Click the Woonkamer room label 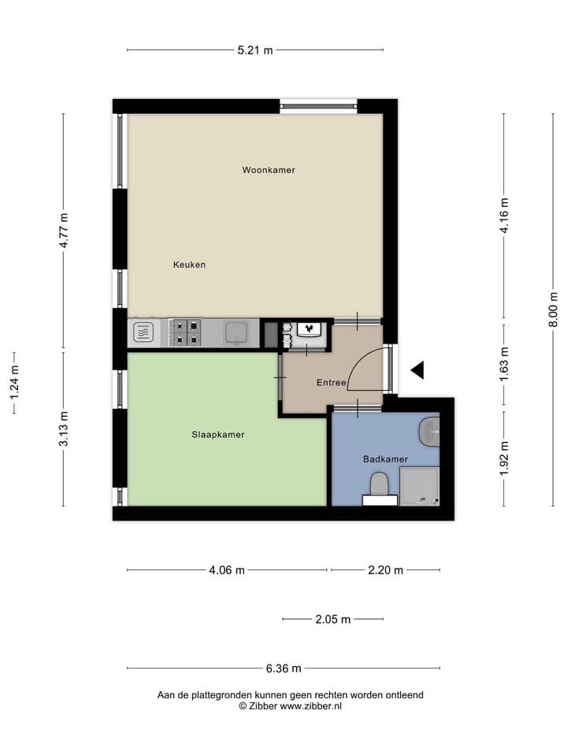tap(269, 170)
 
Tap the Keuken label tap(189, 265)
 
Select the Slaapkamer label tap(218, 434)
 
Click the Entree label tap(332, 383)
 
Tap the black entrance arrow tap(417, 370)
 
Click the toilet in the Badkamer tap(379, 484)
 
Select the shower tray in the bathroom tap(419, 486)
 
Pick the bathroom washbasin tap(430, 431)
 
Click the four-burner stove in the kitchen tap(186, 333)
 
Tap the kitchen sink tap(237, 333)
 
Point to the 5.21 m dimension tap(255, 50)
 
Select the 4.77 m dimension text tap(64, 231)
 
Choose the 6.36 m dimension tap(283, 668)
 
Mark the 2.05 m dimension tap(332, 619)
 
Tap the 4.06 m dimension tap(227, 570)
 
